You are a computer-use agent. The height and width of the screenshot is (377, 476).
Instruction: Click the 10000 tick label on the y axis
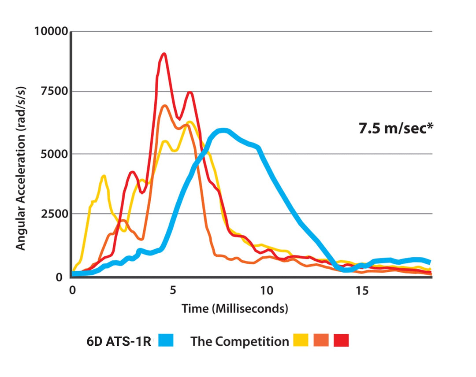coord(50,32)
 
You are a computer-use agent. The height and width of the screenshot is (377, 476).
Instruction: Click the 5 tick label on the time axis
coord(173,291)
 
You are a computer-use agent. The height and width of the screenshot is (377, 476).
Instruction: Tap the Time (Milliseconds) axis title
coord(235,308)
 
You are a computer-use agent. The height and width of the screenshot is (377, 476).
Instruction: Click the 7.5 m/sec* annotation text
coord(396,129)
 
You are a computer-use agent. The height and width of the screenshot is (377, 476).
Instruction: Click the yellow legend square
coord(301,340)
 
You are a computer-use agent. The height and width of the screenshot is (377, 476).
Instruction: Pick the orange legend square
coord(321,340)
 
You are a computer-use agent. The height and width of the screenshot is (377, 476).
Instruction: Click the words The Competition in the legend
coord(239,341)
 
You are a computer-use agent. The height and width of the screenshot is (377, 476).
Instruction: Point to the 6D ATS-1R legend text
coord(119,341)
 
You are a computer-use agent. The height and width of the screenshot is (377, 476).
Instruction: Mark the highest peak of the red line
coord(164,54)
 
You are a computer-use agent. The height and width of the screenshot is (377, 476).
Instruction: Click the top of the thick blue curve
coord(223,130)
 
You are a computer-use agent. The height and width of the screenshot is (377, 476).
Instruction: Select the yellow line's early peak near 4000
coord(104,177)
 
